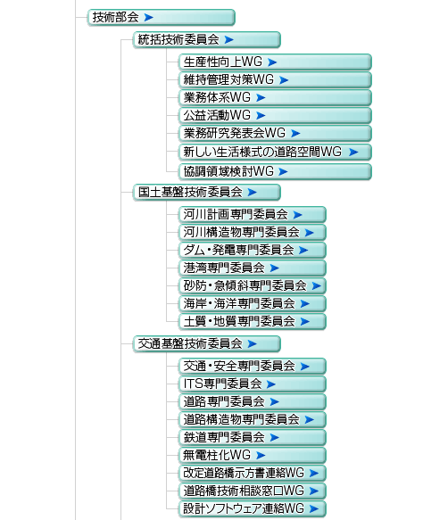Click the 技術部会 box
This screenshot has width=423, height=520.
point(162,17)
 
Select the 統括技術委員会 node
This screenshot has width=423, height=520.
point(207,40)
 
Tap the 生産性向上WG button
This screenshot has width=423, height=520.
point(275,62)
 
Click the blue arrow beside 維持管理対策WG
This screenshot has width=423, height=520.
point(284,80)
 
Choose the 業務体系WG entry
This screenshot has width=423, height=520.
point(275,98)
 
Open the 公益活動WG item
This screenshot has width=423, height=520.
point(275,116)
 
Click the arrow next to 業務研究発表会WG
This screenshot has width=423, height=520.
point(295,133)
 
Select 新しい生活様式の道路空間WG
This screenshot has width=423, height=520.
point(275,152)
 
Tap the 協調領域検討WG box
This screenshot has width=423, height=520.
point(275,172)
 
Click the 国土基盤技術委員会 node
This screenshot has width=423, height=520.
point(207,193)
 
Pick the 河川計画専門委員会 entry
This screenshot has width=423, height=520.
point(253,215)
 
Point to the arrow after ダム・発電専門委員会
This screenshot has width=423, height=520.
point(303,251)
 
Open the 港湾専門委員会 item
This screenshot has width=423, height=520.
point(253,268)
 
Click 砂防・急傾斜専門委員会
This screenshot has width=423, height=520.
point(253,286)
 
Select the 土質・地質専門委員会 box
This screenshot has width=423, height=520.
point(253,322)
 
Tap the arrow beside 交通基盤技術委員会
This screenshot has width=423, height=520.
point(253,344)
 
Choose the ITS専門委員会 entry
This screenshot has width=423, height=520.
point(253,384)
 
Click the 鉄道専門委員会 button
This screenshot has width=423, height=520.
point(253,438)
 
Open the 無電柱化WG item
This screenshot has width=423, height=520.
point(253,456)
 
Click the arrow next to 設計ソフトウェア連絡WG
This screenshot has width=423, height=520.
point(314,508)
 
